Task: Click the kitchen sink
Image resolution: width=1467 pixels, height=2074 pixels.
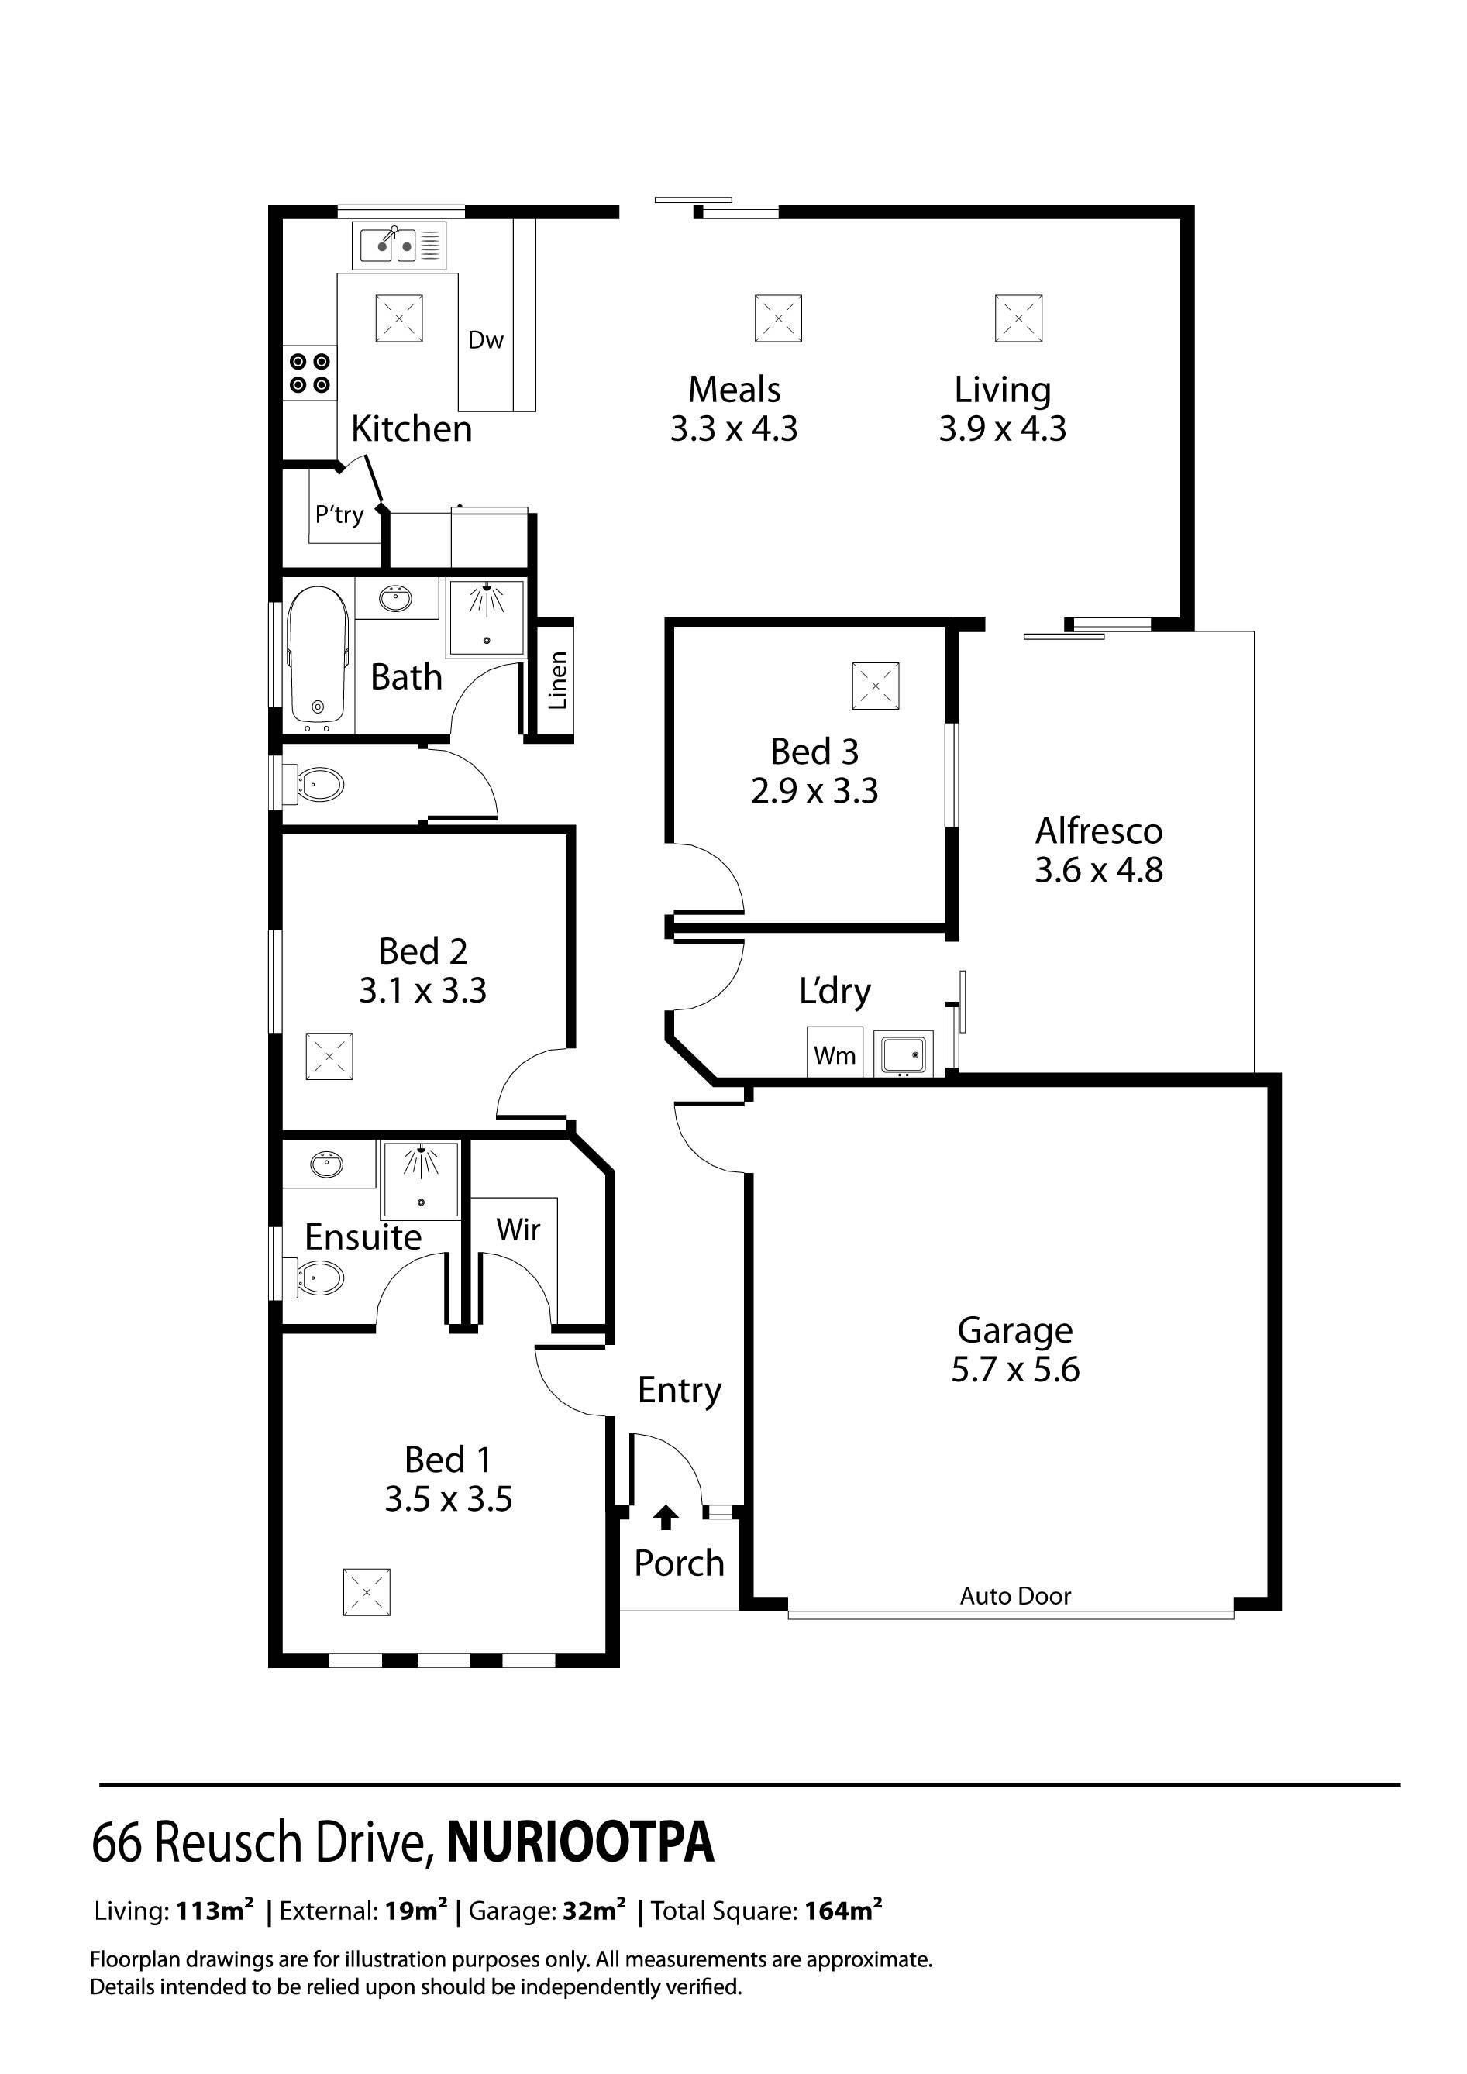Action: pyautogui.click(x=398, y=244)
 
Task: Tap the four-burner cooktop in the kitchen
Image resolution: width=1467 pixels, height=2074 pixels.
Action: pyautogui.click(x=310, y=373)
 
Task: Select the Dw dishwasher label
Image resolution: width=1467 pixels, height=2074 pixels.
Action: pyautogui.click(x=485, y=341)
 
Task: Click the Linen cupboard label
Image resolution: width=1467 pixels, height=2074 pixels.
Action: pyautogui.click(x=557, y=679)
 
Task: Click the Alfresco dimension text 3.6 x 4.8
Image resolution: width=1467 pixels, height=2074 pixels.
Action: pyautogui.click(x=1097, y=871)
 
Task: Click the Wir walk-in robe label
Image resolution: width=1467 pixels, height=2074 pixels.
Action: pyautogui.click(x=518, y=1230)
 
